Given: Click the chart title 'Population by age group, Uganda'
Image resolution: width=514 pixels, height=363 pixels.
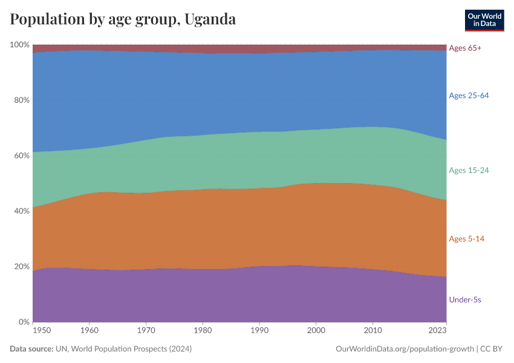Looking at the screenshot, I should (123, 19).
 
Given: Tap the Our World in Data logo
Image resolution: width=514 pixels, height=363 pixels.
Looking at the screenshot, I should (484, 20).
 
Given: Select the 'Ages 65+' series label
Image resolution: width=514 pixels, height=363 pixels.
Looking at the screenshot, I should (465, 48).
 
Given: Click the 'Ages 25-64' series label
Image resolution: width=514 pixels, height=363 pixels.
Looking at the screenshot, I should (469, 96).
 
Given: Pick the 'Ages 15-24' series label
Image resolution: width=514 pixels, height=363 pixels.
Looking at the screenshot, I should (469, 171).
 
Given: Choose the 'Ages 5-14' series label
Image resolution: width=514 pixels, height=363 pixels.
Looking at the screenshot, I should (466, 239).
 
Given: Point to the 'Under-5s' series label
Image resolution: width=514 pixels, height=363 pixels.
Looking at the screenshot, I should (464, 299).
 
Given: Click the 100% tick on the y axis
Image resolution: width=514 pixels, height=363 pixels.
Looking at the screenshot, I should (19, 45).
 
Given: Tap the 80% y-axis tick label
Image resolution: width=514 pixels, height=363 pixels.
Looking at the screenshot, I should (21, 100).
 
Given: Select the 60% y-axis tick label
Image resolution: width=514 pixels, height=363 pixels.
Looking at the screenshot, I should (21, 156).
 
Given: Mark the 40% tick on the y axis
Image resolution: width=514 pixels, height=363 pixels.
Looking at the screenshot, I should (21, 211).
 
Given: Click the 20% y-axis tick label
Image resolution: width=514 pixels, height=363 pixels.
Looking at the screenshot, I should (21, 267).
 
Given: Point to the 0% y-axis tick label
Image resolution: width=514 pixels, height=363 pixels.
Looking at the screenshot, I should (24, 322).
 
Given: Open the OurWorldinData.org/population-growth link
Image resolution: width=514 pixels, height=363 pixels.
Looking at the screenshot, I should (404, 349).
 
